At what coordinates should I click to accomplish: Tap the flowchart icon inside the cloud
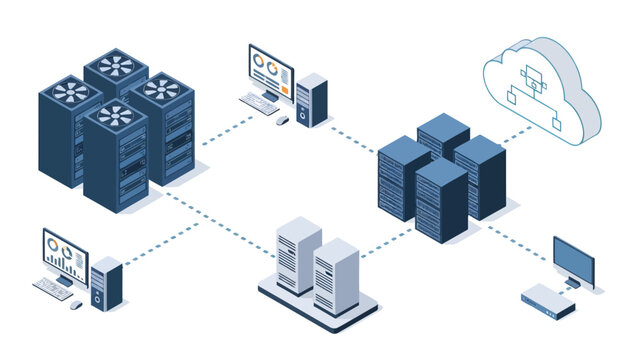529,88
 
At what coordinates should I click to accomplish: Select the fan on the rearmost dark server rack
115,66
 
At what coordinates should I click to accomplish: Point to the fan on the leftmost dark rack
70,92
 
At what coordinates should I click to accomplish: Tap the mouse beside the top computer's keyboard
283,120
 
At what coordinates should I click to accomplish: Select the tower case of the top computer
311,99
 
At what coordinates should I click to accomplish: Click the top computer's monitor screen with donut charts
271,68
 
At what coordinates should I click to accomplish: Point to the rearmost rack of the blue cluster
444,140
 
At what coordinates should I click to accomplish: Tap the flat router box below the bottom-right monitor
547,300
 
